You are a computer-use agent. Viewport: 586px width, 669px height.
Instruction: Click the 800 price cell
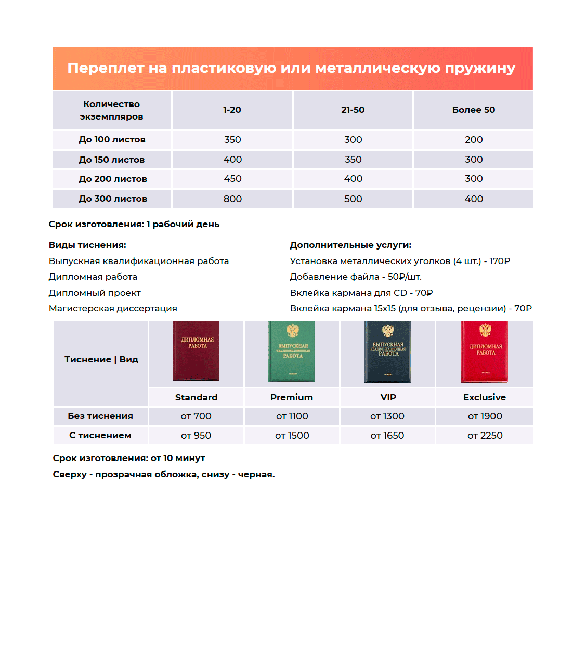(232, 199)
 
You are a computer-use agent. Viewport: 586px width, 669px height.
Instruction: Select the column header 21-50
(353, 110)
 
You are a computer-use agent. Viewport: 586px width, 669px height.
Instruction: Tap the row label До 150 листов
(112, 160)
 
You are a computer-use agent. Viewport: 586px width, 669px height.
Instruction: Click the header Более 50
(473, 110)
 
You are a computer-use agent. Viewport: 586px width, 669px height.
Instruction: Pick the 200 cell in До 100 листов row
(473, 140)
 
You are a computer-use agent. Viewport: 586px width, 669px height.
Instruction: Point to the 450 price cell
(232, 179)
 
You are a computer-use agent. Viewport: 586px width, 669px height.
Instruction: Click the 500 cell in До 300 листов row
(353, 199)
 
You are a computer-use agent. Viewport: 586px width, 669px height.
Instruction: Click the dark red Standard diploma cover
(196, 351)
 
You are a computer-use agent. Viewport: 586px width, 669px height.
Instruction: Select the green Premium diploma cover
(292, 352)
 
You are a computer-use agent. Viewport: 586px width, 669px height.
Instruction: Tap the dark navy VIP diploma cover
(387, 352)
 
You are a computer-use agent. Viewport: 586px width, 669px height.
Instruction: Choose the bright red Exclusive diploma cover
(485, 352)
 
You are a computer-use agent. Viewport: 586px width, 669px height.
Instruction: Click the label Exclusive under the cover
(484, 397)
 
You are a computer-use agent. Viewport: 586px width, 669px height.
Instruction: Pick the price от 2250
(485, 436)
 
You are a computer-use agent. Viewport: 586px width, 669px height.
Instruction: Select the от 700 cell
(196, 416)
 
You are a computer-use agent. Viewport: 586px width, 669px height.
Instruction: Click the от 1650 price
(387, 436)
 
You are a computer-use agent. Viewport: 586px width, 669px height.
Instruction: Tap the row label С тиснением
(100, 436)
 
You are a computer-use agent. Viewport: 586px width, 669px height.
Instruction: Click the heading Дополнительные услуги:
(350, 245)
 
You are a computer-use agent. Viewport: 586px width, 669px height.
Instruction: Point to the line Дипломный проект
(95, 293)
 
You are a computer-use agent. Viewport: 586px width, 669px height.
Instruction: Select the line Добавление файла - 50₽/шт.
(356, 277)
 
